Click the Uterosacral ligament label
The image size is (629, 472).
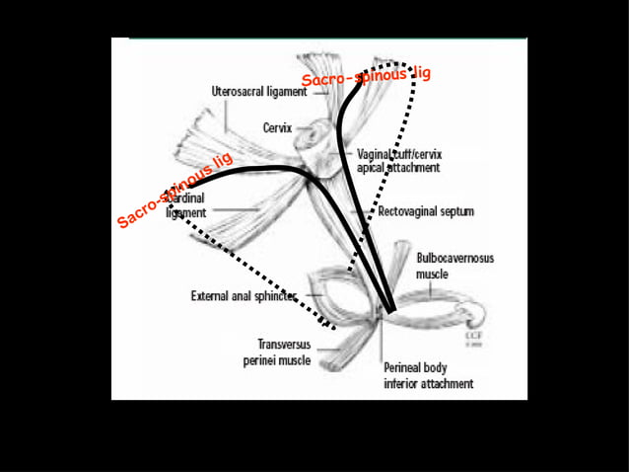click(257, 92)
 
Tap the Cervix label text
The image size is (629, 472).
click(277, 127)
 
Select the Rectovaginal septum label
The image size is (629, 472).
click(426, 211)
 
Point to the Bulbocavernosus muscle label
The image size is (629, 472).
click(454, 265)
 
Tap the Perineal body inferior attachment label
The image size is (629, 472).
click(428, 375)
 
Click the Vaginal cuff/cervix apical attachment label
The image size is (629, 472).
click(398, 161)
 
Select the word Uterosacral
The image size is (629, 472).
click(238, 92)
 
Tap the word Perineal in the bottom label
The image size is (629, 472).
click(404, 367)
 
